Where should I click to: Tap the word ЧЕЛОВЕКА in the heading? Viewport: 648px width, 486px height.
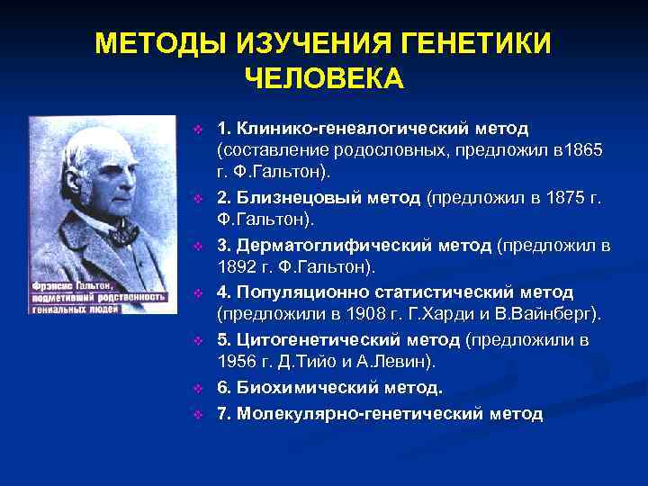click(x=324, y=78)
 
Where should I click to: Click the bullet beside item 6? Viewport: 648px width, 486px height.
click(x=199, y=388)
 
